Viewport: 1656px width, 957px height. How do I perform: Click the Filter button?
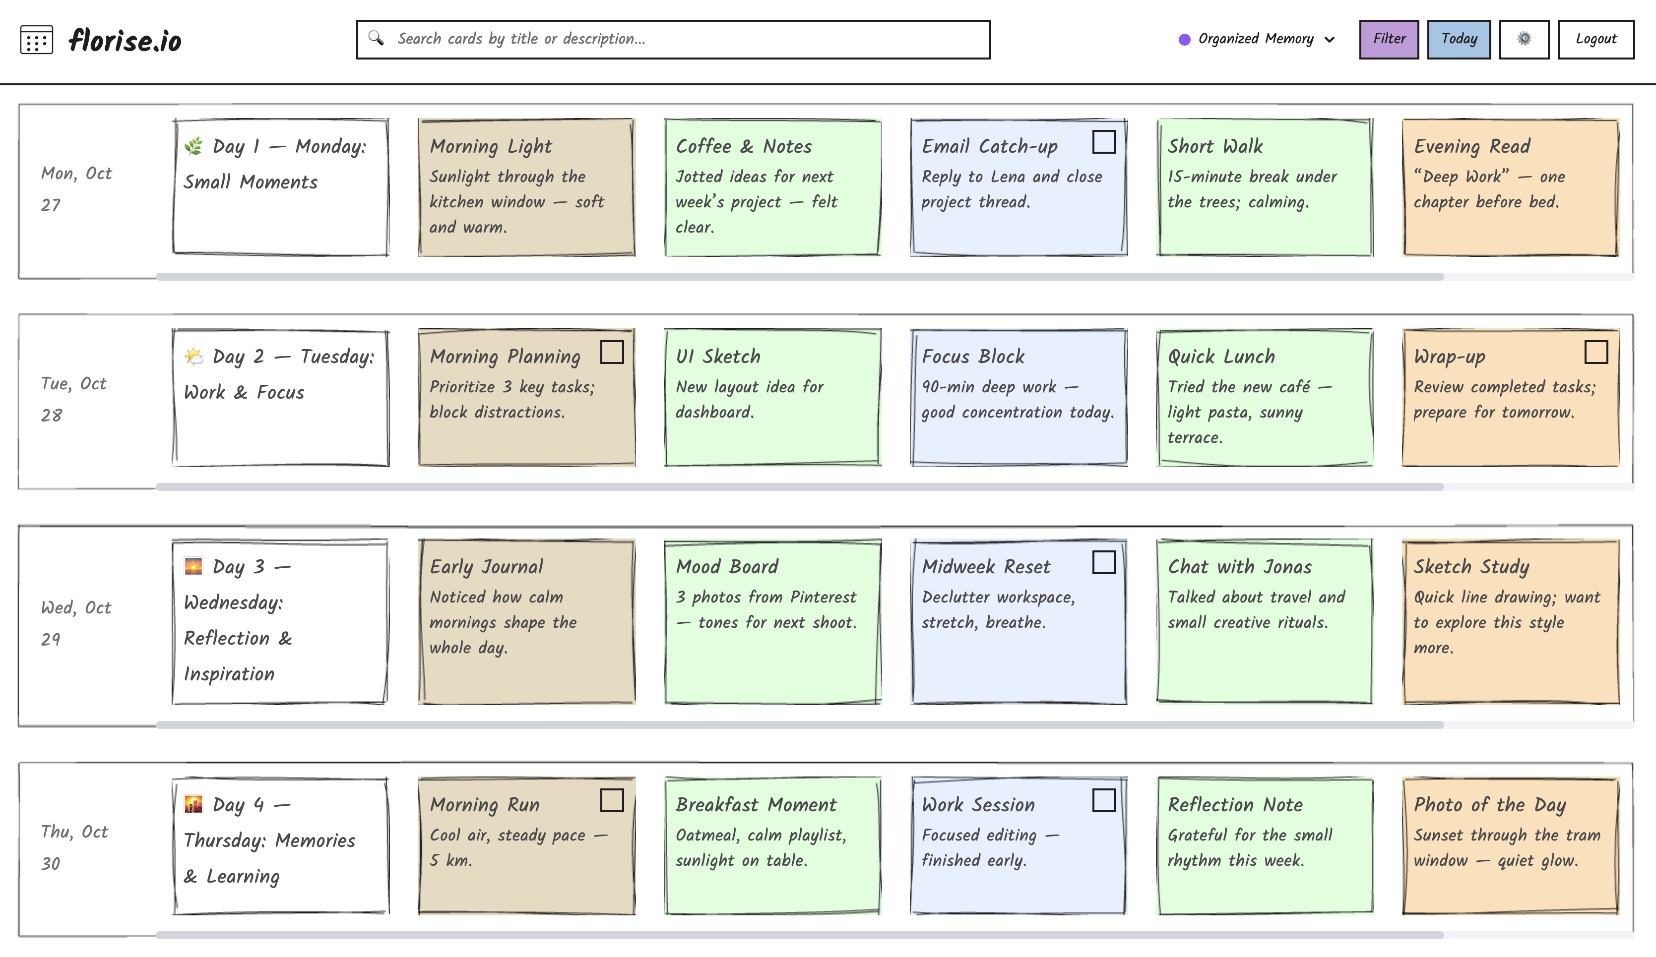pos(1388,39)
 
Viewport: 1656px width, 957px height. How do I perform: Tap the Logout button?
pos(1595,39)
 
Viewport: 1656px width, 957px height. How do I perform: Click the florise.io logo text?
pos(125,41)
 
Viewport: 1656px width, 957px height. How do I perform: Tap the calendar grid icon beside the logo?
pos(37,40)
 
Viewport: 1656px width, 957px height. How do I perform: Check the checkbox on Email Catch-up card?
pos(1103,142)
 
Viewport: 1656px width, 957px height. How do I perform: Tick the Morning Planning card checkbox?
pos(611,352)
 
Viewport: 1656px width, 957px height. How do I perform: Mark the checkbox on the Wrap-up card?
pos(1595,352)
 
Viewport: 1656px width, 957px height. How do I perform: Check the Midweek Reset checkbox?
pos(1103,562)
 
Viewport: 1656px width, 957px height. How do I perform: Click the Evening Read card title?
pos(1471,146)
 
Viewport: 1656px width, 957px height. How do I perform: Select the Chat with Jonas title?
pos(1239,567)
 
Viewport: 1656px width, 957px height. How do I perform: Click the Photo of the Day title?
pos(1489,805)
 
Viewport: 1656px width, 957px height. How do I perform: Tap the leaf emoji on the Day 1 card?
pos(193,146)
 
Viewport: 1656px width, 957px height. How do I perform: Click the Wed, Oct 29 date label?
pos(75,623)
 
